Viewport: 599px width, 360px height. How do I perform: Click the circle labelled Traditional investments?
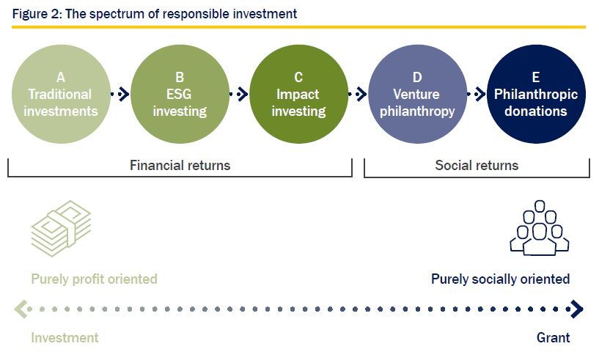61,94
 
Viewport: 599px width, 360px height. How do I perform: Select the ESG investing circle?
180,94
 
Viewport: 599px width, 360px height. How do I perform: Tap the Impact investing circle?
298,94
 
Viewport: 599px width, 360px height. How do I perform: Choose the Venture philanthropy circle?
418,94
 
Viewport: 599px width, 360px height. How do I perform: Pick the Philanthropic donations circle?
537,94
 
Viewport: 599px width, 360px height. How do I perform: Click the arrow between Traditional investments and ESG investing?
121,94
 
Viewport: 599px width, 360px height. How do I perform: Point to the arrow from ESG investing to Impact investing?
240,94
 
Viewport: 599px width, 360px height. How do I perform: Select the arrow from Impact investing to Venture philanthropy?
359,94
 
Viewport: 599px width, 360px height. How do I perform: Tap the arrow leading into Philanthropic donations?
477,94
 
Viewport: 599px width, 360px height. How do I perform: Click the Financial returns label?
180,166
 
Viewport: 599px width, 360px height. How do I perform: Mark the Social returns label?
477,166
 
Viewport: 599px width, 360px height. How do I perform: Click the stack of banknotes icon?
61,228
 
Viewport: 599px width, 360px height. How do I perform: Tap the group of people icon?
540,228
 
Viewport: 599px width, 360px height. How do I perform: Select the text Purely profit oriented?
94,279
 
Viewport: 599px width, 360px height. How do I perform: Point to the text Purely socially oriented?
501,279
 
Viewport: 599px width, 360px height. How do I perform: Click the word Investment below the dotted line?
65,338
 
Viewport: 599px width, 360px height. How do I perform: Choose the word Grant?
553,338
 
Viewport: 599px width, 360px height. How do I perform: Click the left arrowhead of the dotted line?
21,309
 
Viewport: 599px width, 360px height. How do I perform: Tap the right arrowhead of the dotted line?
577,309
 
